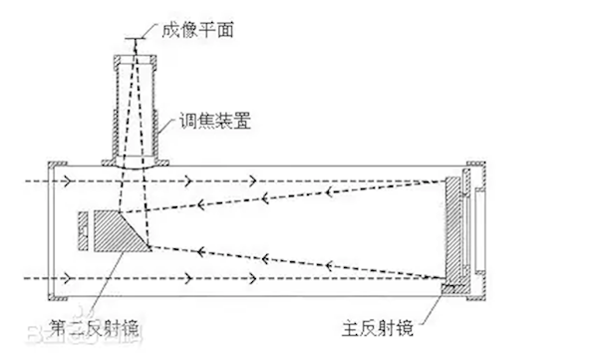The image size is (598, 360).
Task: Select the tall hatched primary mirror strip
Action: [x=455, y=228]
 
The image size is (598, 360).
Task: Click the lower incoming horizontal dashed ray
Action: [x=249, y=277]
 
